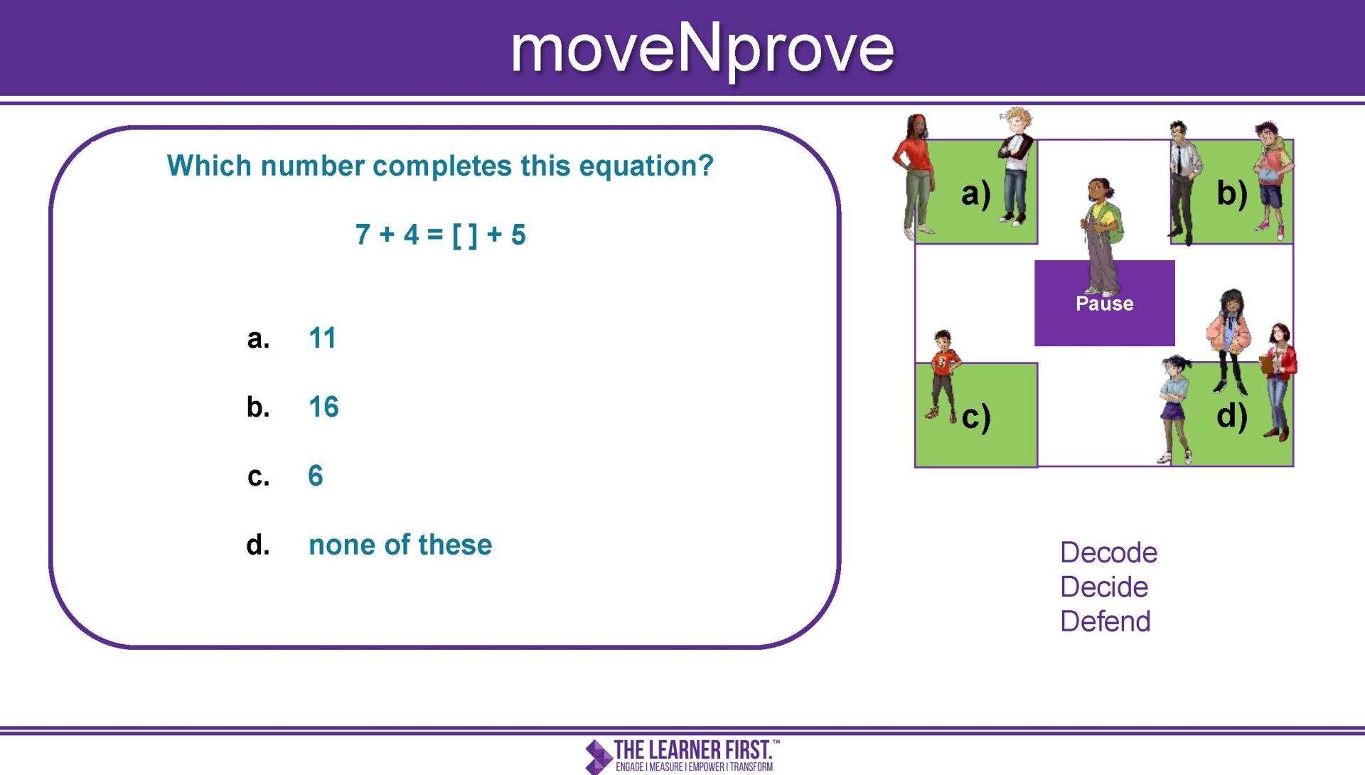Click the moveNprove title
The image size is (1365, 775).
coord(702,49)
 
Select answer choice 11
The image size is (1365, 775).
coord(322,338)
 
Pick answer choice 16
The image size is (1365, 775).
coord(323,407)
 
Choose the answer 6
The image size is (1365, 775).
coord(316,476)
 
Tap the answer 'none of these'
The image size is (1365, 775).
coord(400,545)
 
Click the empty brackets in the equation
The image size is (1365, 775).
coord(465,235)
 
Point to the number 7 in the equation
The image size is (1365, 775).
coord(363,235)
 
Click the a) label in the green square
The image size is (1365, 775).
coord(975,193)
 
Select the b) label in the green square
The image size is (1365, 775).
coord(1231,193)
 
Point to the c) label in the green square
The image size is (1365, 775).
coord(975,417)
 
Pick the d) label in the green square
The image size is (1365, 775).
coord(1231,417)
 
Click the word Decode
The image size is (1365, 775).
coord(1108,552)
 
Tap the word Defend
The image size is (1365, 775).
coord(1105,621)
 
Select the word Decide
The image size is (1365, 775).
coord(1104,587)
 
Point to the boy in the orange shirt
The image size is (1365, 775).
coord(943,375)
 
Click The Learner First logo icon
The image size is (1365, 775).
coord(599,757)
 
